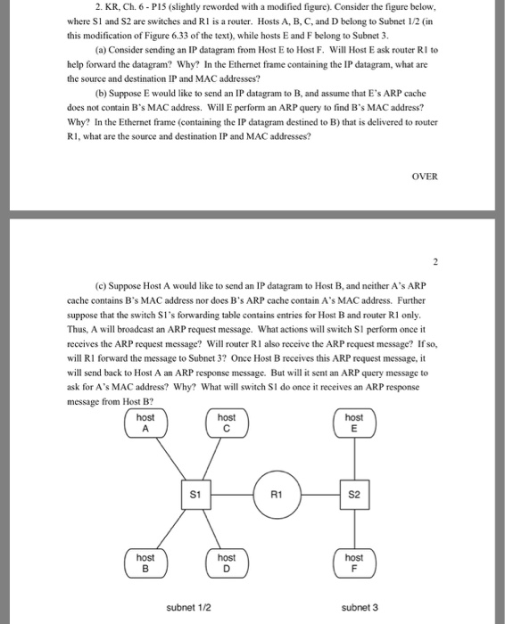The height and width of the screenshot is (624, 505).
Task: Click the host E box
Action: pyautogui.click(x=354, y=422)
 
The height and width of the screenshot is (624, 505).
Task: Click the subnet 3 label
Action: pyautogui.click(x=360, y=607)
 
